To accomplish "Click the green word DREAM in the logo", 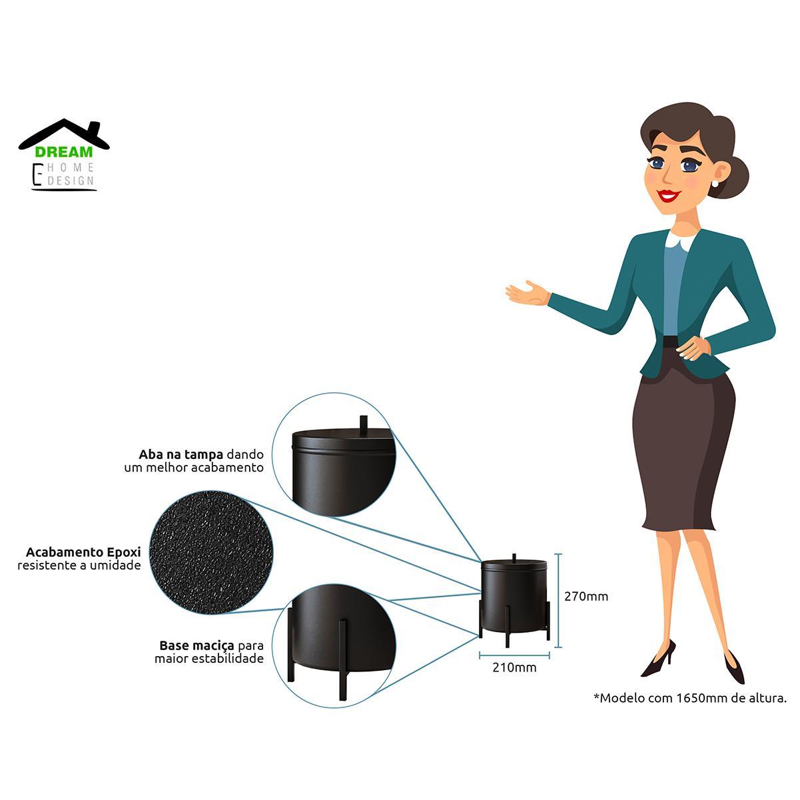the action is tap(64, 152).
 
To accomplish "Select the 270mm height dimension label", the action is tap(586, 597).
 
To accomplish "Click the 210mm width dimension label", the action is tap(514, 667).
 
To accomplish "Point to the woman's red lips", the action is tap(669, 195).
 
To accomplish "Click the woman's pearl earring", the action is tap(717, 183).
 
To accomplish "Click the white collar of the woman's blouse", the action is tap(682, 240).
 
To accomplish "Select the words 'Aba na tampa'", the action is tap(181, 454).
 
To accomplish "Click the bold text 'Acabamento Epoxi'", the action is tap(83, 552).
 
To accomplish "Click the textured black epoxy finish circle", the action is tap(211, 552).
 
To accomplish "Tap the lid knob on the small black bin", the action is tap(514, 557).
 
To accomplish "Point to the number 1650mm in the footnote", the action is tap(701, 698).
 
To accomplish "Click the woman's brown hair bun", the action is tap(733, 177).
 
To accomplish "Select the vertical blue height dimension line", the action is tap(558, 600).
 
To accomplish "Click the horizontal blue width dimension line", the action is tap(514, 655).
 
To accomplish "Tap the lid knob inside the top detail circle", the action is tap(364, 426).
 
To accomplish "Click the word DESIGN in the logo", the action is tap(71, 181).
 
